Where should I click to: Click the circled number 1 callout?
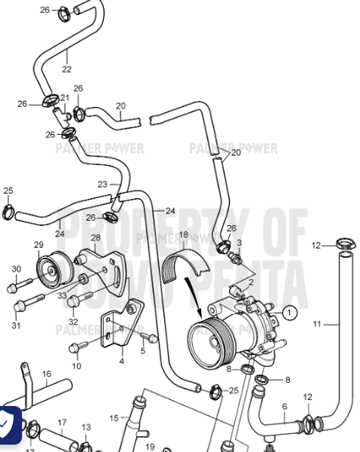pyautogui.click(x=290, y=310)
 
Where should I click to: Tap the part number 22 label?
pyautogui.click(x=66, y=69)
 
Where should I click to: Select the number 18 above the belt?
pyautogui.click(x=183, y=235)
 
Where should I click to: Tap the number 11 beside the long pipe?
pyautogui.click(x=317, y=324)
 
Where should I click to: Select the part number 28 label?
pyautogui.click(x=96, y=238)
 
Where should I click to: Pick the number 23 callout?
pyautogui.click(x=102, y=184)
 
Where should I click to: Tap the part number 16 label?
pyautogui.click(x=46, y=374)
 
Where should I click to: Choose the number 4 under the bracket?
pyautogui.click(x=121, y=361)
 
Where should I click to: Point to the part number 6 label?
pyautogui.click(x=284, y=407)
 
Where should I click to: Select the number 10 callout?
pyautogui.click(x=76, y=365)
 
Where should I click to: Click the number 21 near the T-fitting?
pyautogui.click(x=66, y=98)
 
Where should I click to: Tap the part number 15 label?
pyautogui.click(x=114, y=417)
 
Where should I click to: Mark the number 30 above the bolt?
pyautogui.click(x=16, y=269)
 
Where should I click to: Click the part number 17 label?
pyautogui.click(x=62, y=423)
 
